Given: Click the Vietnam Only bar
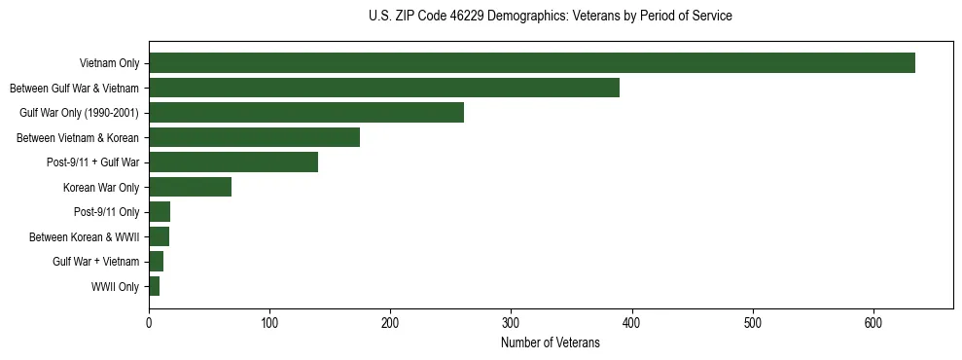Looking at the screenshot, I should (531, 63).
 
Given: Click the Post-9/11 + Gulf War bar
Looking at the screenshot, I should (233, 162).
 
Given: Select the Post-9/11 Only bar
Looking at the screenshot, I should (160, 212).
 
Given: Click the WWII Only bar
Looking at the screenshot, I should (154, 286).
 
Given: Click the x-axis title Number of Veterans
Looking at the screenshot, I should (550, 342).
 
